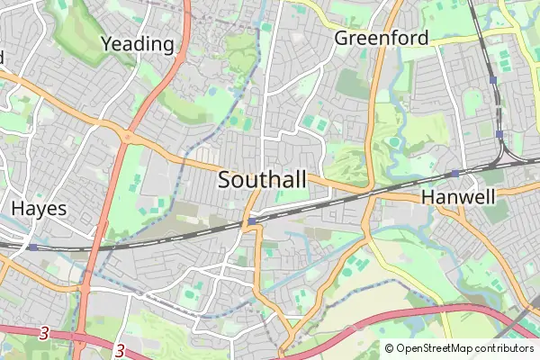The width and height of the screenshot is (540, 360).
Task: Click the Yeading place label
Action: coord(137,43)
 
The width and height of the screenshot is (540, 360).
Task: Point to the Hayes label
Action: coord(39,208)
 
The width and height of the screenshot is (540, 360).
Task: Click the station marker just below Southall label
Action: coord(253,220)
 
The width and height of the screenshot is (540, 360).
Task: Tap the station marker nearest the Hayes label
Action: coord(32,246)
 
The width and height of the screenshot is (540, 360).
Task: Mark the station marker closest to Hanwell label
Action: coord(455,173)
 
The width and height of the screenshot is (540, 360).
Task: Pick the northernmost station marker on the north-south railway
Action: coord(493,80)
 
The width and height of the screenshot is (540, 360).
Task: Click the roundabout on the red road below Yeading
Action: coord(126,137)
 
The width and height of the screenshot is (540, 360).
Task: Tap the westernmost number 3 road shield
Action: coord(43,333)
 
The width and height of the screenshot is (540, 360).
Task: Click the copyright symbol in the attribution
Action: coord(390,348)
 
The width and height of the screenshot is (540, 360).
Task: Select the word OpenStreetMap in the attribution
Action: coord(436,348)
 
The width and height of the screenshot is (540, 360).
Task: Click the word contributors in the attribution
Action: coord(506,348)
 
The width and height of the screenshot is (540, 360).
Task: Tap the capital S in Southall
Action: coord(225,180)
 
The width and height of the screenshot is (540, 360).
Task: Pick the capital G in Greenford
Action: coord(342,39)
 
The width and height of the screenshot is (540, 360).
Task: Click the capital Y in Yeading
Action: coord(107,43)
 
